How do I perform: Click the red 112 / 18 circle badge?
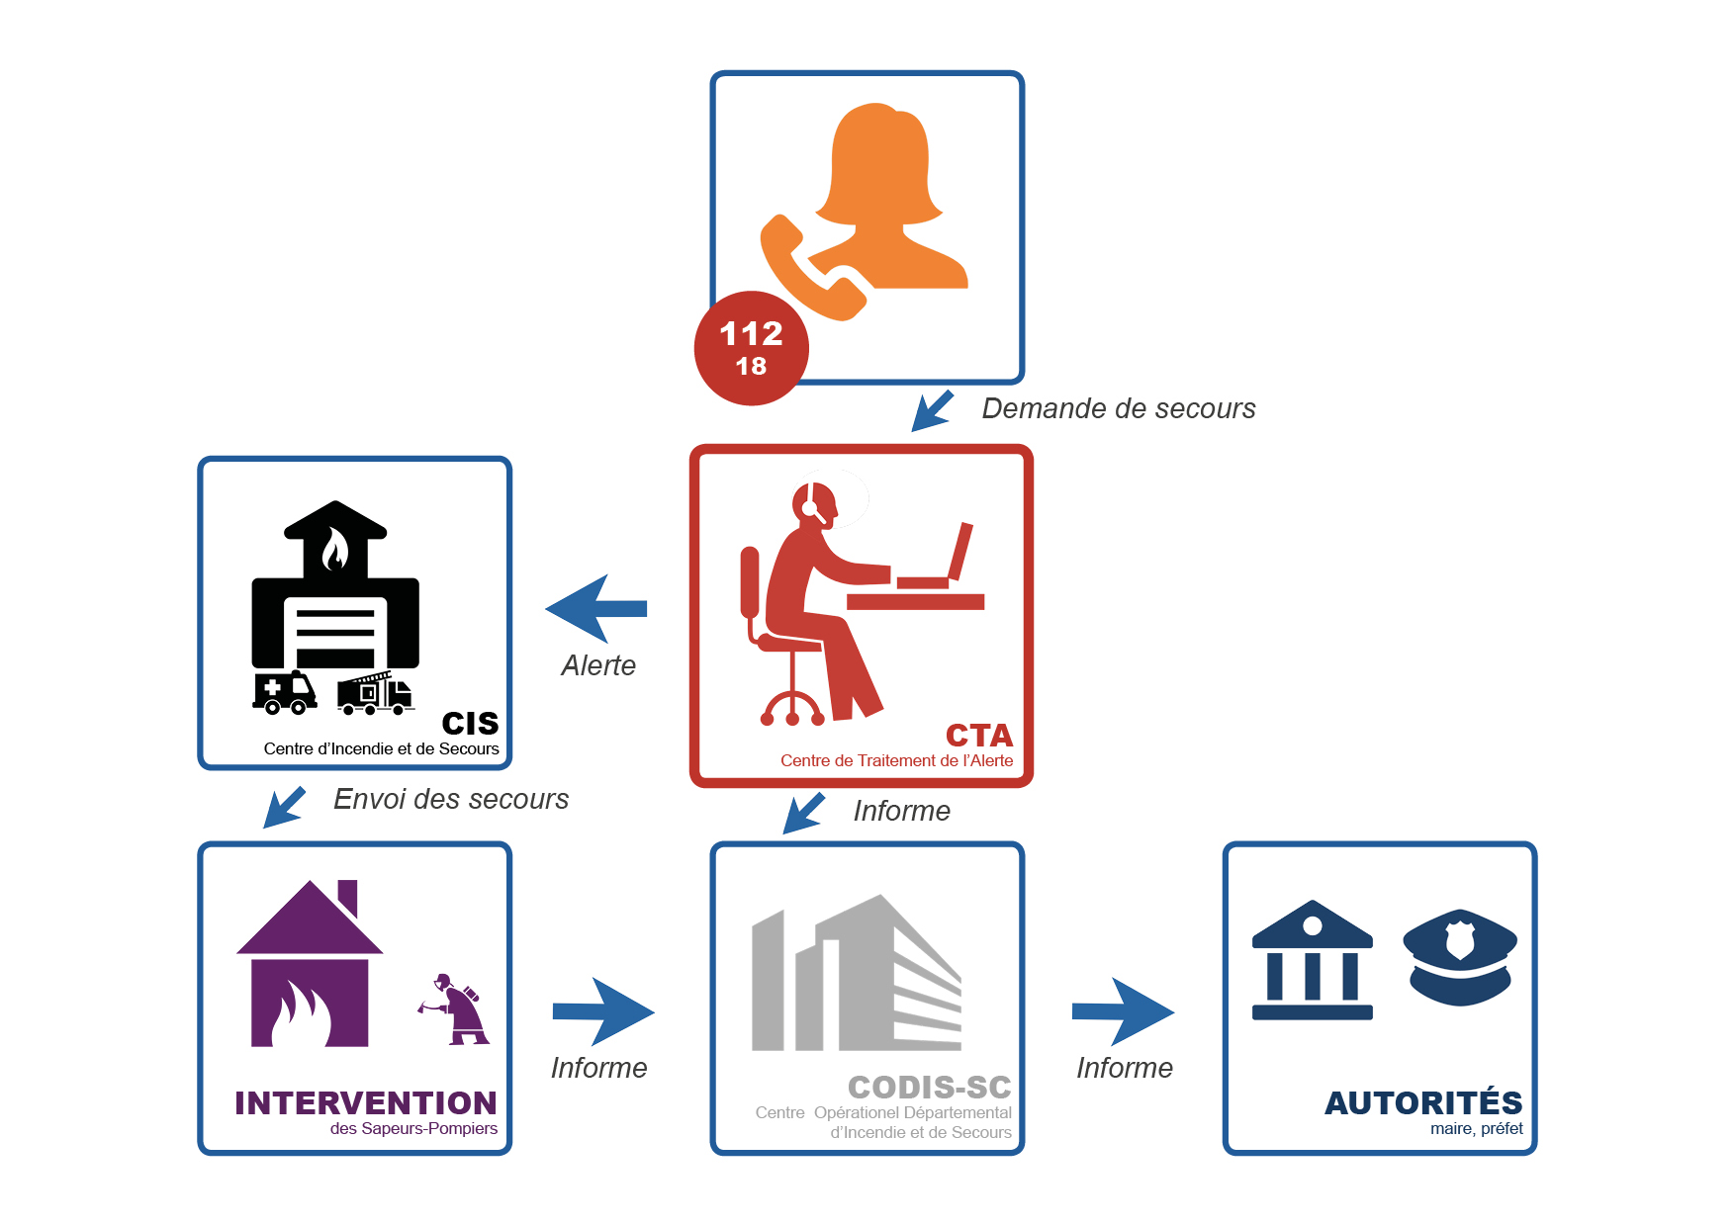[752, 348]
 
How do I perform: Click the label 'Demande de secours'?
[1119, 408]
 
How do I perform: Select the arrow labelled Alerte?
[596, 609]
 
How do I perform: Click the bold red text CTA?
[979, 736]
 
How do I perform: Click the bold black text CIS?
[470, 724]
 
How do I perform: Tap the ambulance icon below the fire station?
[285, 692]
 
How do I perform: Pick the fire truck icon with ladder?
[375, 693]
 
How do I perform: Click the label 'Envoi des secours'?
[451, 799]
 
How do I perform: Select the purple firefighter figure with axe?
[454, 1008]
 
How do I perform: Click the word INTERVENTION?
[366, 1102]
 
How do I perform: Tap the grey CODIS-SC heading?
[930, 1088]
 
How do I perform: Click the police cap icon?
[1460, 957]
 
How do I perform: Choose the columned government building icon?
[1313, 960]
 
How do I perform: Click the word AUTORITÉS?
[1423, 1102]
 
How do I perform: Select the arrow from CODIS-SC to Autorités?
[1123, 1011]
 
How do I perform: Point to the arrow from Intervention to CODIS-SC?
[603, 1011]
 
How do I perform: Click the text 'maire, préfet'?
[1477, 1129]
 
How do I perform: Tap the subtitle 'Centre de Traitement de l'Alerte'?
[897, 760]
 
